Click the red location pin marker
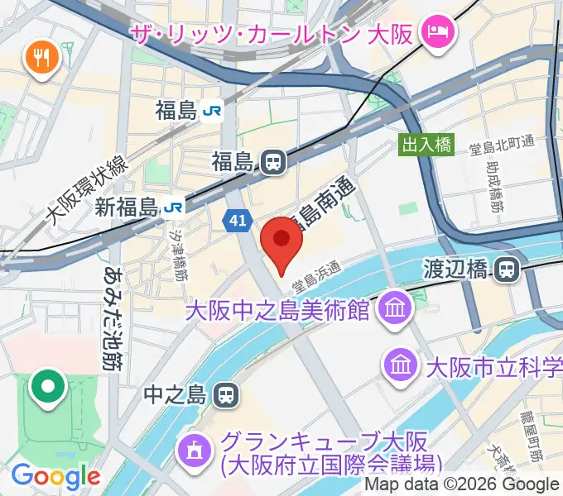(281, 241)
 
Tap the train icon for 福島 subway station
(272, 162)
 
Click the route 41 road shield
(236, 220)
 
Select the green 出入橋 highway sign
(427, 145)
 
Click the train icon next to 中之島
(224, 395)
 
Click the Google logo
(55, 476)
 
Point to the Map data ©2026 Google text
(463, 484)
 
